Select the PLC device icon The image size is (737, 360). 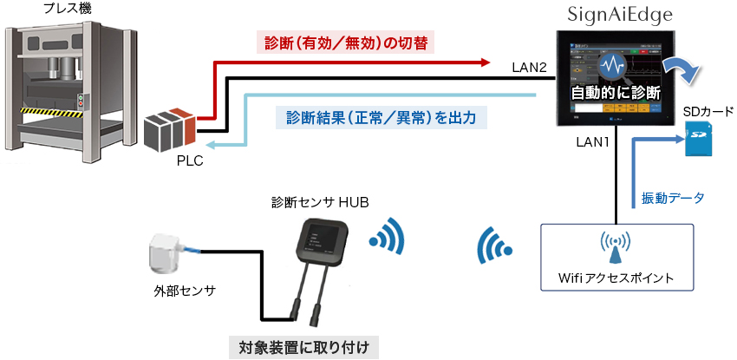(x=170, y=129)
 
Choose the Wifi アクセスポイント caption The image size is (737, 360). (x=616, y=278)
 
